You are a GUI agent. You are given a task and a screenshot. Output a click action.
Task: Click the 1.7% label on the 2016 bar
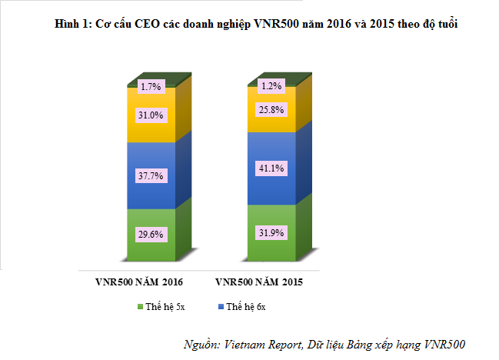click(x=151, y=87)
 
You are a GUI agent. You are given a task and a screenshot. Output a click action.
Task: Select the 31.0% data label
click(x=151, y=115)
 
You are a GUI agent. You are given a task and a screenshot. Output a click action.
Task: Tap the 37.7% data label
click(x=151, y=176)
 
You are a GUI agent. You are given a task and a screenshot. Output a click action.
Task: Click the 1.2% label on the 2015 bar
click(x=271, y=86)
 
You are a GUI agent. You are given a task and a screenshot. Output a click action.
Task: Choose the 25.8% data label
click(x=271, y=110)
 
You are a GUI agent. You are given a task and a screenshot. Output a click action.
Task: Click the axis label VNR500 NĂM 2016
click(x=139, y=282)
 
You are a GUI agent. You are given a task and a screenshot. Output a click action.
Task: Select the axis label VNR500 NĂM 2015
click(x=259, y=282)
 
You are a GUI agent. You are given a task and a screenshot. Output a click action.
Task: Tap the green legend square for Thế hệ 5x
click(x=140, y=307)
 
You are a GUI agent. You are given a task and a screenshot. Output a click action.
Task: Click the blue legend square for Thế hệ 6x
click(x=221, y=307)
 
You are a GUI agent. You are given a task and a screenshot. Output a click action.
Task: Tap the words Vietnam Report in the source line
click(x=263, y=343)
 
